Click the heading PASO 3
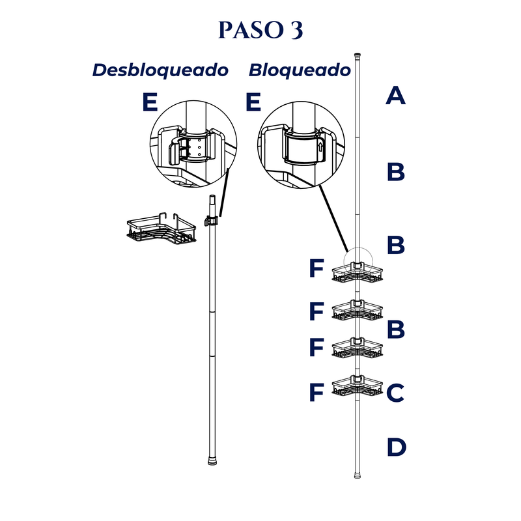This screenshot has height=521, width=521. (x=260, y=30)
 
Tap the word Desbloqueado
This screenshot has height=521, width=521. (x=160, y=70)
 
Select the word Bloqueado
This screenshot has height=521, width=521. (x=300, y=70)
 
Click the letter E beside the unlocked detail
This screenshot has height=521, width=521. (x=150, y=102)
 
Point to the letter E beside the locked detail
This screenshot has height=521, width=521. (x=253, y=102)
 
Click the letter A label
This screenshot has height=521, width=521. (x=395, y=96)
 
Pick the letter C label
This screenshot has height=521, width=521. (x=395, y=393)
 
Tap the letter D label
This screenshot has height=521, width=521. (x=397, y=447)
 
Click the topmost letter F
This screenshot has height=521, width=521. (x=317, y=268)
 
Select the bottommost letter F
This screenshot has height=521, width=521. (x=317, y=393)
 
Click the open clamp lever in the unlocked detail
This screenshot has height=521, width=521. (x=175, y=152)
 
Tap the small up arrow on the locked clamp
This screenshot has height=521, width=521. (x=320, y=147)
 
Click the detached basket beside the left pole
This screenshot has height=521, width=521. (x=162, y=230)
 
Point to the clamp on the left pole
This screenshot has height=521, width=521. (x=211, y=221)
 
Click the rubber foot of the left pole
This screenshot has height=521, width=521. (x=212, y=462)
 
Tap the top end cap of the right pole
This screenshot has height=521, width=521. (x=358, y=55)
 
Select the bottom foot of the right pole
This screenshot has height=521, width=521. (x=358, y=475)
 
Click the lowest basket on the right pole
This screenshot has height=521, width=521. (x=358, y=386)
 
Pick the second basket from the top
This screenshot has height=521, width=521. (x=358, y=311)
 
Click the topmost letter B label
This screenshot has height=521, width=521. (x=396, y=172)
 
